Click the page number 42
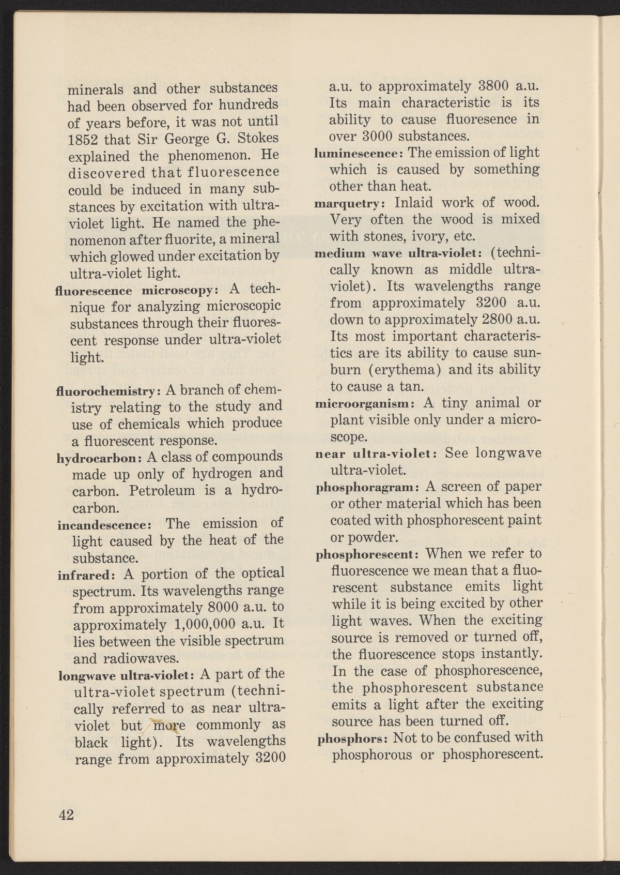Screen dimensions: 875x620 67,815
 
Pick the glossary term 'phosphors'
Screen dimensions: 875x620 344,738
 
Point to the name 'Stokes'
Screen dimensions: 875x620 257,139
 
